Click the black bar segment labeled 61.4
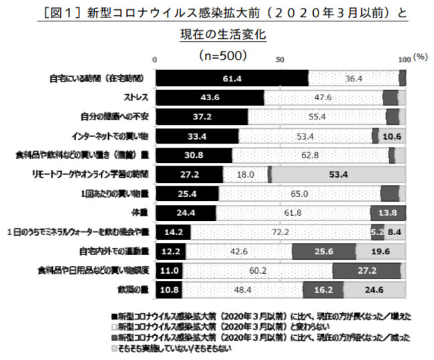pyautogui.click(x=231, y=78)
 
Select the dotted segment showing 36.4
pyautogui.click(x=353, y=78)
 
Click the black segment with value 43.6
pyautogui.click(x=210, y=98)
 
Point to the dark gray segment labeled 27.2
pyautogui.click(x=366, y=271)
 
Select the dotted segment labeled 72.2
pyautogui.click(x=281, y=232)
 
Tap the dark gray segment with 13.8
pyautogui.click(x=388, y=213)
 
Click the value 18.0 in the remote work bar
pyautogui.click(x=245, y=174)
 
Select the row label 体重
pyautogui.click(x=140, y=213)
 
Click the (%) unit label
pyautogui.click(x=419, y=57)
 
